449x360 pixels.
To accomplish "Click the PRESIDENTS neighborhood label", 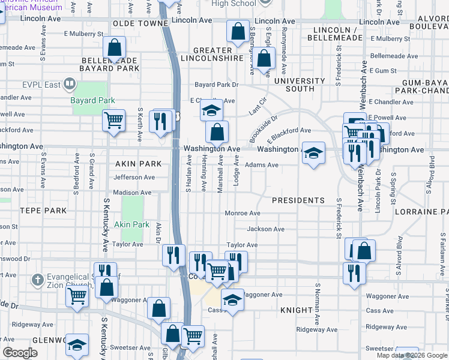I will [298, 200].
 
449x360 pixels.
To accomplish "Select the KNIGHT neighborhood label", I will [296, 310].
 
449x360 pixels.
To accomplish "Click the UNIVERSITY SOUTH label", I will [300, 85].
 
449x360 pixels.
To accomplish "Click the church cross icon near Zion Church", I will [37, 280].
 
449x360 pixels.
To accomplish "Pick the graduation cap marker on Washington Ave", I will [313, 153].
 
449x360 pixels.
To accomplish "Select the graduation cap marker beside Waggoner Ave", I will [233, 300].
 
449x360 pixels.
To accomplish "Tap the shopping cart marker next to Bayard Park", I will [113, 121].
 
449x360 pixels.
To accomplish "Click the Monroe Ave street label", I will [242, 214].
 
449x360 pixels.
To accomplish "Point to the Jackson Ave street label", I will [265, 229].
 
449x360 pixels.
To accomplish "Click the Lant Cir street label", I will [257, 107].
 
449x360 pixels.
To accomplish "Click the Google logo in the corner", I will [20, 353].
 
